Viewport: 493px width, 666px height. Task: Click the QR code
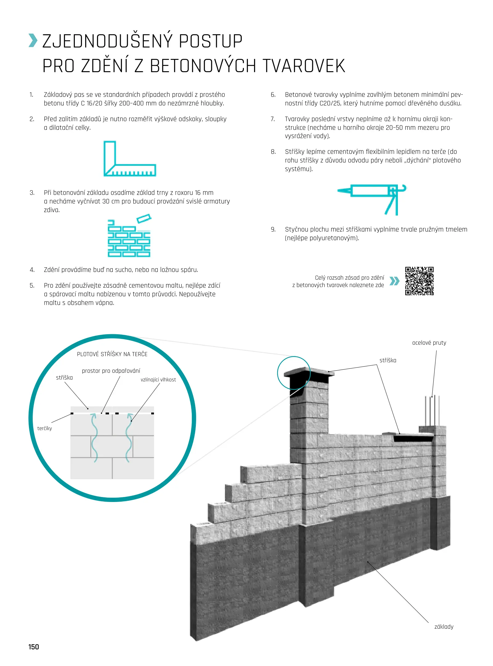coord(419,281)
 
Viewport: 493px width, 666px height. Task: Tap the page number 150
coord(34,647)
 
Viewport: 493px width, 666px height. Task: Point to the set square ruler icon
coord(129,159)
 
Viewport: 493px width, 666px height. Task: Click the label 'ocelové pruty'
coord(429,343)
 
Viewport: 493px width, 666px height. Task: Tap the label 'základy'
coord(444,627)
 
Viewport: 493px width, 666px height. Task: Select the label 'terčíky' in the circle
coord(45,429)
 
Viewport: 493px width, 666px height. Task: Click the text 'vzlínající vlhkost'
coord(158,380)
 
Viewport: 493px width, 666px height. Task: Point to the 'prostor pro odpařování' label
coord(111,371)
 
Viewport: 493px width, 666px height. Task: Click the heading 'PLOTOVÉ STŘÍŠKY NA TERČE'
coord(112,354)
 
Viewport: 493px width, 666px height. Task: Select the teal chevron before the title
coord(33,41)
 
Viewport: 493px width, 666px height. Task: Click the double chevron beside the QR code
coord(394,281)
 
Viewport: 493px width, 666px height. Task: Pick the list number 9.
coord(273,229)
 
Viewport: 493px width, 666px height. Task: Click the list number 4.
coord(32,270)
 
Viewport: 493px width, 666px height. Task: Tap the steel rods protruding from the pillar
coord(432,410)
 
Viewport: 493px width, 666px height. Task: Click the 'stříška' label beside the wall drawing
coord(388,360)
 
